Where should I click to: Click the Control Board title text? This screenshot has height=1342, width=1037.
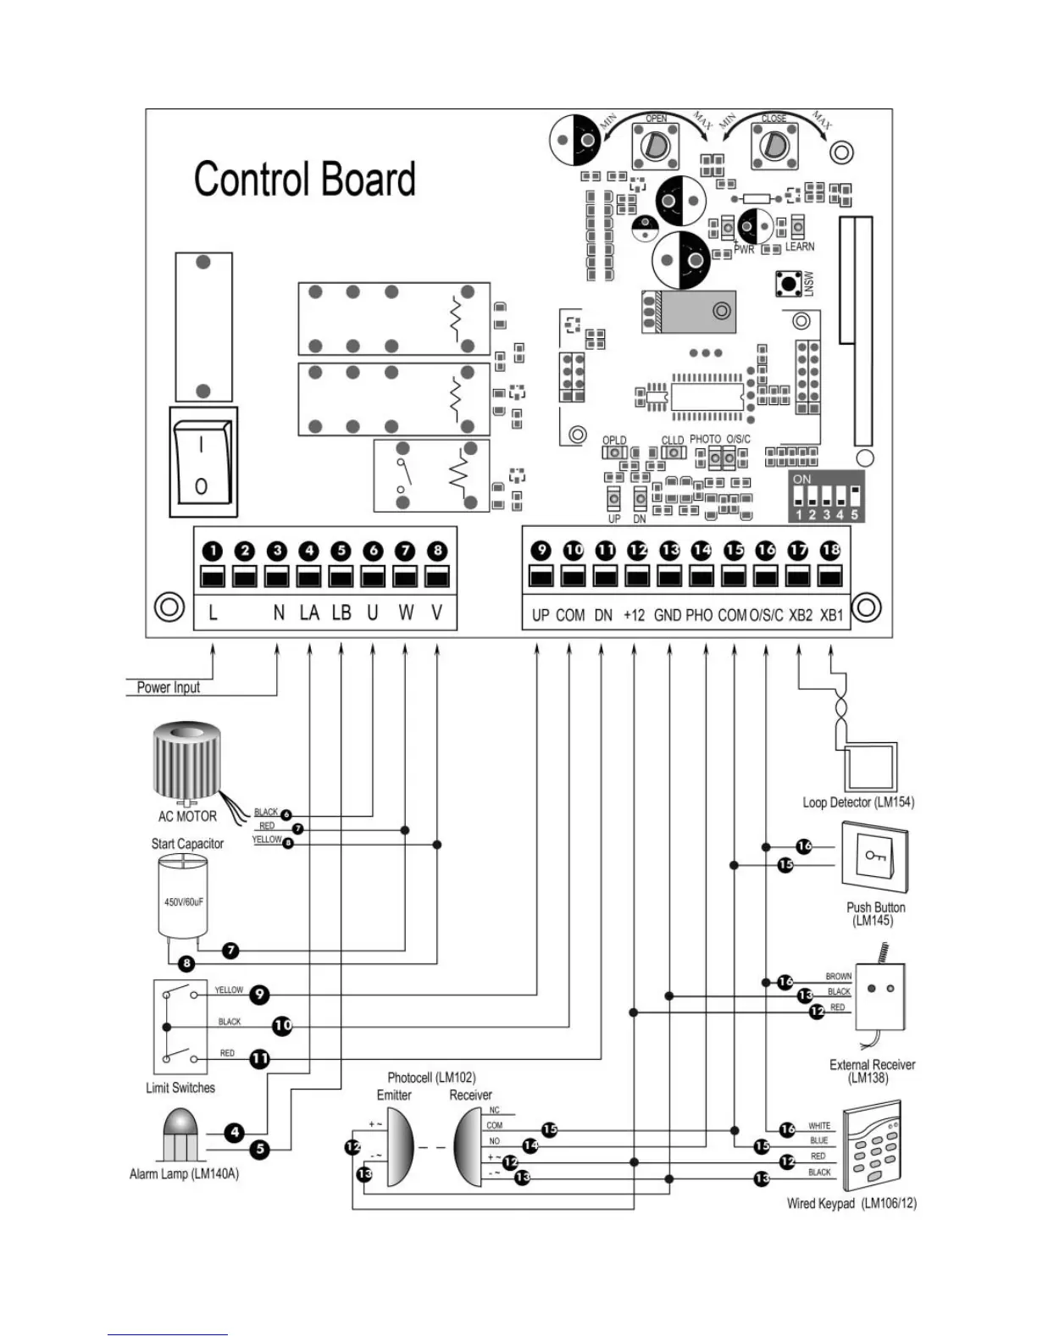[304, 179]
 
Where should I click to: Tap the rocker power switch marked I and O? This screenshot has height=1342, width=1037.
[202, 463]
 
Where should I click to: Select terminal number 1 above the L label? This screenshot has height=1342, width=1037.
[212, 551]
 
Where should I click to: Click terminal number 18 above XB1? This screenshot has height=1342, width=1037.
[831, 550]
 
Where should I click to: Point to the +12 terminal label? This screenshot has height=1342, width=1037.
[634, 615]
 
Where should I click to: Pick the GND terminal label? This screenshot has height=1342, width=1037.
[668, 615]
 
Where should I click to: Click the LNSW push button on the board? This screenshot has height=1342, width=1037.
[789, 284]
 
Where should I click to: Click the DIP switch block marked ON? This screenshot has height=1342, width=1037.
[827, 500]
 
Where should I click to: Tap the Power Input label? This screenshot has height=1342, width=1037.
[169, 687]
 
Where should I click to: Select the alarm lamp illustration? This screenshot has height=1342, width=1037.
[182, 1135]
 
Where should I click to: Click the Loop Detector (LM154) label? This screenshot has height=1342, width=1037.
[858, 802]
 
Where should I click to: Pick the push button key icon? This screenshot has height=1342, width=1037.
[873, 857]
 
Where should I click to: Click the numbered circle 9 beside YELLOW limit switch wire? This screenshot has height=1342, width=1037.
[259, 994]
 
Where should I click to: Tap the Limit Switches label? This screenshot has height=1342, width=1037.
[180, 1088]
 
